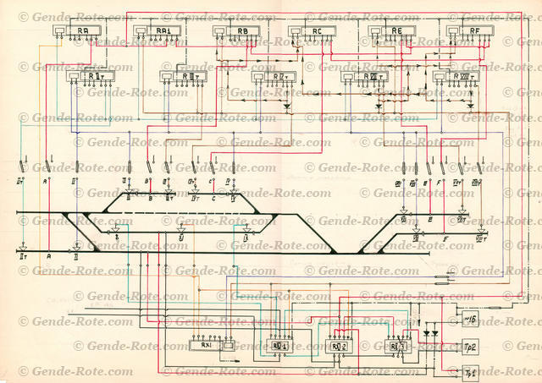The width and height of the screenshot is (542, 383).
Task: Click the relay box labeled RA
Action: coord(78,31)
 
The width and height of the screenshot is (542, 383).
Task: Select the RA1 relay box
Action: coord(157,31)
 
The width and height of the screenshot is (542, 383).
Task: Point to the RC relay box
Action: coord(312,32)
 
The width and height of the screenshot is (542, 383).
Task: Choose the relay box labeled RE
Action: coord(391,32)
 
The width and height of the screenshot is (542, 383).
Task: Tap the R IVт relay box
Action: coord(274,77)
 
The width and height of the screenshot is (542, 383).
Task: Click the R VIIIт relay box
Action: coord(456,77)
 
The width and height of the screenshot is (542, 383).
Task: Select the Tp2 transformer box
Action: coord(471,346)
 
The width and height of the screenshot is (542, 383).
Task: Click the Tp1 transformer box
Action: coord(471,371)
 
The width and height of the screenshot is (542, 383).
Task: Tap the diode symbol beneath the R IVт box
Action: coord(286,107)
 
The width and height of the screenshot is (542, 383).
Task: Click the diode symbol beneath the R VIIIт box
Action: coord(471,107)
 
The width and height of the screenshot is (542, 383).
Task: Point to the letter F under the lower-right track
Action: coord(446,240)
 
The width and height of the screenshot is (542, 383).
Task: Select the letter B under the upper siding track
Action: coord(150,200)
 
